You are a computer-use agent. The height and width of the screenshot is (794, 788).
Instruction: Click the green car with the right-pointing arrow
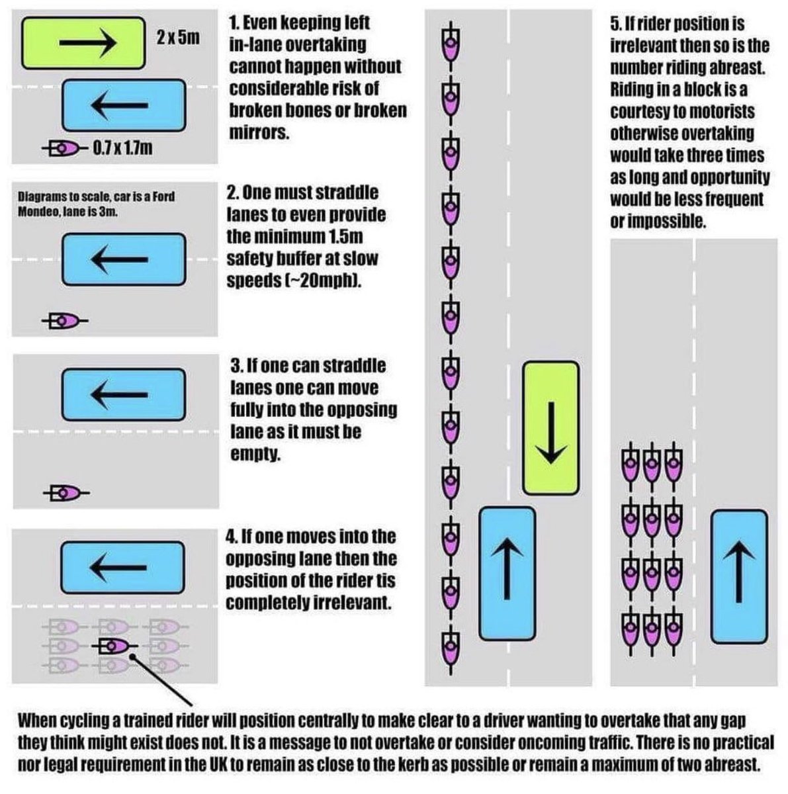(x=83, y=42)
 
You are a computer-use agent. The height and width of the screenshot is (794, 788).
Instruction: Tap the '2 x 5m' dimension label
(x=178, y=38)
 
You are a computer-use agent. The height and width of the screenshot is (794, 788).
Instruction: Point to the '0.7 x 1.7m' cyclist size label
(x=122, y=148)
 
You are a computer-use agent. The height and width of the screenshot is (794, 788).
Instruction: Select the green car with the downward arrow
(x=550, y=428)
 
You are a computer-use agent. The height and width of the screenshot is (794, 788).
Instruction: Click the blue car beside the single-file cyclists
(x=507, y=574)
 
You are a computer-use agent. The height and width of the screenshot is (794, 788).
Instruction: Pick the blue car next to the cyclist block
(x=739, y=576)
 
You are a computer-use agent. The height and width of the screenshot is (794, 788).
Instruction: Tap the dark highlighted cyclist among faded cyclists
(x=114, y=646)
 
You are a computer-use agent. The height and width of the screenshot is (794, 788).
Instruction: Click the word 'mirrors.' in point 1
(x=259, y=133)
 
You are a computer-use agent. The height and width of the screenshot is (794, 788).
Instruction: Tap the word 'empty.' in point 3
(x=255, y=454)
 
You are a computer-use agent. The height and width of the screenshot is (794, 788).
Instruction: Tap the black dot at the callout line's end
(x=133, y=656)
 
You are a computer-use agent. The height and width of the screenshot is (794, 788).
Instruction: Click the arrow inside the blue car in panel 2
(x=120, y=259)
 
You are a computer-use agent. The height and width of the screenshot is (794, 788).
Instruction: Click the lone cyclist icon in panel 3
(x=66, y=492)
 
